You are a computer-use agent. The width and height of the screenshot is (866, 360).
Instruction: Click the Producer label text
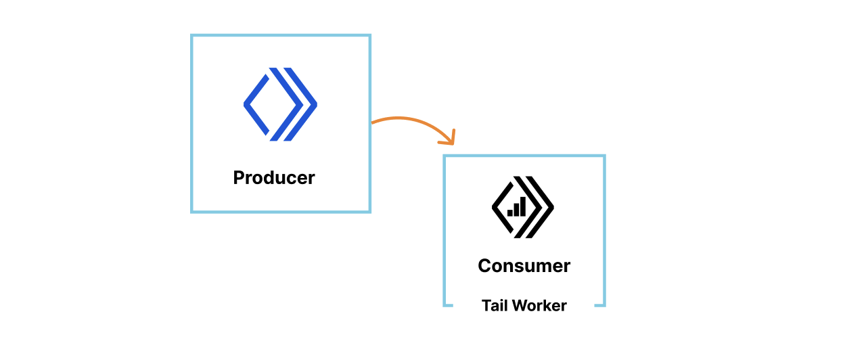274,178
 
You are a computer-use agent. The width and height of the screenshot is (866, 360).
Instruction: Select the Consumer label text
524,266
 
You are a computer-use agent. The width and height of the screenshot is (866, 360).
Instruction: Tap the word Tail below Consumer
495,306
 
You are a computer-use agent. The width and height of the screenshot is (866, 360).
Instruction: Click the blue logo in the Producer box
280,104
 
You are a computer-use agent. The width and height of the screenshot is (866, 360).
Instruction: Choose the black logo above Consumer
522,207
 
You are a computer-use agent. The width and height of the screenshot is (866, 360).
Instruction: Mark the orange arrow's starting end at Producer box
373,122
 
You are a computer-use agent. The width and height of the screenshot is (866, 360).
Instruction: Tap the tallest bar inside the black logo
522,206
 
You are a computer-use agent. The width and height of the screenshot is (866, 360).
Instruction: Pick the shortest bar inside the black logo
509,212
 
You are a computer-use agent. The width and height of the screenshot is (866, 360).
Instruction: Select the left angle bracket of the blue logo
255,104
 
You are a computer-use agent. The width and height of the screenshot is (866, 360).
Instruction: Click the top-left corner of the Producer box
192,36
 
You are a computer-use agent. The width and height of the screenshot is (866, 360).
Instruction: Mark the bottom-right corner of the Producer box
369,212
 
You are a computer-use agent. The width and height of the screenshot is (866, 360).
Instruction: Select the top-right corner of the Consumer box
604,156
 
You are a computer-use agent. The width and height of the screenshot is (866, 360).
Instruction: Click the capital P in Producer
239,178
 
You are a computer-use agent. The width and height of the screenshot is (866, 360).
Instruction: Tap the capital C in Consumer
484,266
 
